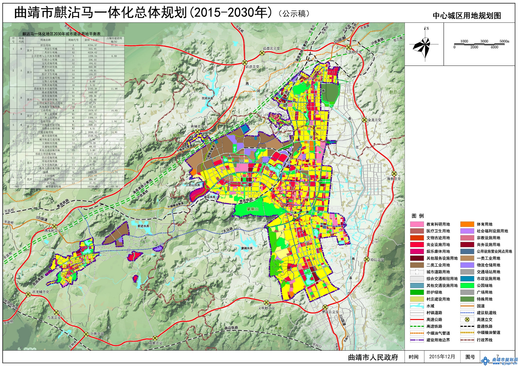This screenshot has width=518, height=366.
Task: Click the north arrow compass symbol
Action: pos(424,45)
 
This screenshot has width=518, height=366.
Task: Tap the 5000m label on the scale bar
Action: pos(504,41)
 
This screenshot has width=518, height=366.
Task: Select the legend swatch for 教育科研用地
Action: pos(417,224)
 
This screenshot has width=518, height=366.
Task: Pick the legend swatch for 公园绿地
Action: pos(467,285)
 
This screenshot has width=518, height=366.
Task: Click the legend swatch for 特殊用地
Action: pos(467,299)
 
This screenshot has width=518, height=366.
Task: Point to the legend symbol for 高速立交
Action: pos(467,319)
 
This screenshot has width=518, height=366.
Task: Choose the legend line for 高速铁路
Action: pos(417,326)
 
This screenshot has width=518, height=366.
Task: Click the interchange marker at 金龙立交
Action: pos(364,120)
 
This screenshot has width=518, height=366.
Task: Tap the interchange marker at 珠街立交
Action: pos(394,173)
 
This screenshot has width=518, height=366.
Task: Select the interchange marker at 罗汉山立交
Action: pos(325,307)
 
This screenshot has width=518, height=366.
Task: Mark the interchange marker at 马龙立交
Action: pos(57,312)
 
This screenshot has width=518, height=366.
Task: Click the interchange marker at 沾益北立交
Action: pos(262,53)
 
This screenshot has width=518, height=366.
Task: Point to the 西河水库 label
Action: pos(208,98)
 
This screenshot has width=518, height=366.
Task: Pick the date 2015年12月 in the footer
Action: pos(442,357)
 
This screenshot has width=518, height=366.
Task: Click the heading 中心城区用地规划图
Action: pos(467,16)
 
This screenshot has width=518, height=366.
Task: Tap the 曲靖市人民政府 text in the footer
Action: pos(373,357)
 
